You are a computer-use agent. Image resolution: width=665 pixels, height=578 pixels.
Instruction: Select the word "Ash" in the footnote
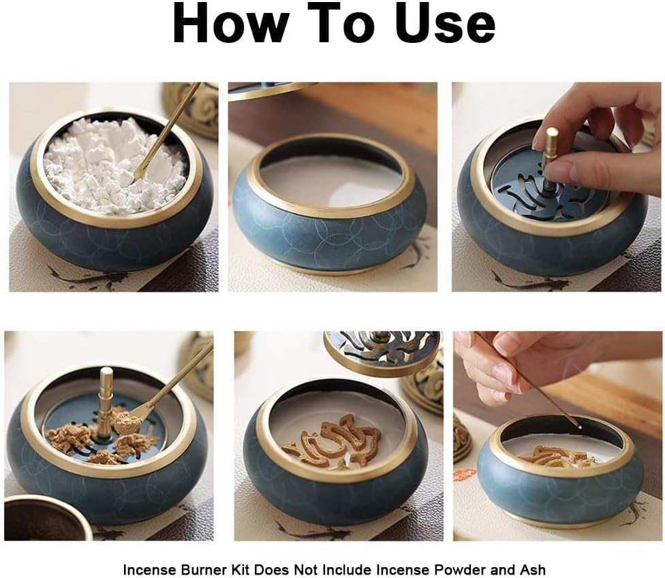[x=533, y=569]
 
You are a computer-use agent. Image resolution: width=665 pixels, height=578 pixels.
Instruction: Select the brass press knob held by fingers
[x=551, y=146]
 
